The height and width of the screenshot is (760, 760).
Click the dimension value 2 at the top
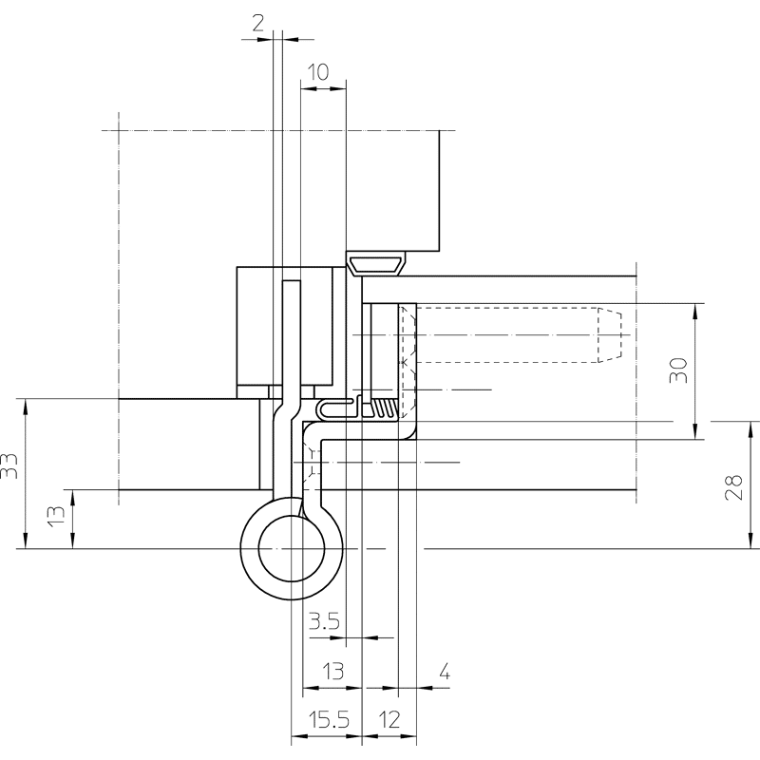click(x=257, y=23)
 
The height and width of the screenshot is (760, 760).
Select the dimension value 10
click(x=318, y=72)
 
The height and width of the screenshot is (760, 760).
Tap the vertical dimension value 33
click(x=9, y=465)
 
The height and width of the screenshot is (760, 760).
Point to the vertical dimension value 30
click(x=678, y=370)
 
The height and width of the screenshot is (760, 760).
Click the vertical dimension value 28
click(x=733, y=486)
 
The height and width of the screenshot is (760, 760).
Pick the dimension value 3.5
click(x=324, y=621)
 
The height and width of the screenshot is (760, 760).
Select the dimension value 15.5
click(x=329, y=720)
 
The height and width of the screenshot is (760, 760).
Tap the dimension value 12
click(x=389, y=720)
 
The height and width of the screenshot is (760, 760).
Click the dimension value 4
click(x=445, y=673)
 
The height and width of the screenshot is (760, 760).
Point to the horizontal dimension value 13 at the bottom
click(x=333, y=672)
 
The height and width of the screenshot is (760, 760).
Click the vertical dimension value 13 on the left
click(x=57, y=515)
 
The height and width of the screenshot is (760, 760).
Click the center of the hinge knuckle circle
click(x=292, y=549)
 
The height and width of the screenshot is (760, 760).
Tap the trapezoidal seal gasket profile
click(x=376, y=264)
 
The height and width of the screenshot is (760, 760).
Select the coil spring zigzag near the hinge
click(x=387, y=408)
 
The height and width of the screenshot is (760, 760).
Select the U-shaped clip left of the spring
click(x=334, y=409)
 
